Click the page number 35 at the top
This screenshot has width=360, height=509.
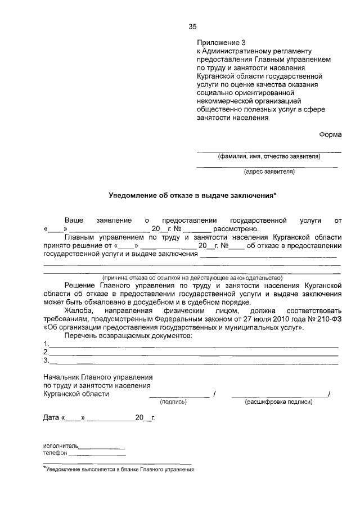(192, 26)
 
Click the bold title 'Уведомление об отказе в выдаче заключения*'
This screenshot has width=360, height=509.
(192, 195)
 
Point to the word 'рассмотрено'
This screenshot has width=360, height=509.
(235, 229)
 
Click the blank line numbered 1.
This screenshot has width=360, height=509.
(193, 346)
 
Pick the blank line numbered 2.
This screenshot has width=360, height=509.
(193, 355)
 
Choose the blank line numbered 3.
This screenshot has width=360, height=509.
(193, 363)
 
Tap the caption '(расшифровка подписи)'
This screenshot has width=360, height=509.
(278, 402)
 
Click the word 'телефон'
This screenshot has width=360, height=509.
(56, 453)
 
